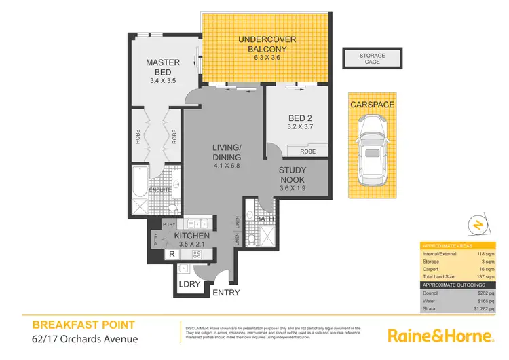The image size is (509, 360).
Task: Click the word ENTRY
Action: pyautogui.click(x=225, y=293)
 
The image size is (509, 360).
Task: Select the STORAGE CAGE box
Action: pyautogui.click(x=372, y=58)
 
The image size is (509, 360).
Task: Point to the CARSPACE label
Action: pyautogui.click(x=371, y=105)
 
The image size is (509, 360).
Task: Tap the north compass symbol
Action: pyautogui.click(x=478, y=223)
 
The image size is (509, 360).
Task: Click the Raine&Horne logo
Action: pyautogui.click(x=440, y=335)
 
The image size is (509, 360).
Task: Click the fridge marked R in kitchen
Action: pyautogui.click(x=172, y=255)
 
